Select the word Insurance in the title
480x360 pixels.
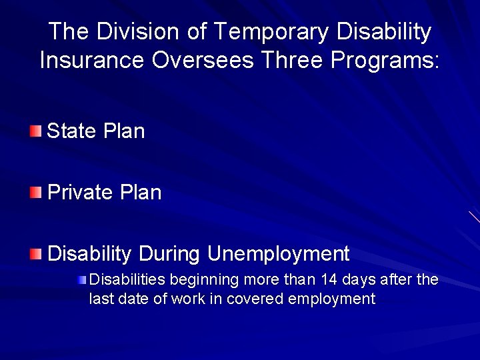92,60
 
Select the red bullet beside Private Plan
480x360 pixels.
35,193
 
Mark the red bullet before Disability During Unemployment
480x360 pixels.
35,254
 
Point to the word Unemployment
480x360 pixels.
278,254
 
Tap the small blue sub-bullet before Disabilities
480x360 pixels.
81,279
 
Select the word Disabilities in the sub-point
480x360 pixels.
127,279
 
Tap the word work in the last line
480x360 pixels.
188,299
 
